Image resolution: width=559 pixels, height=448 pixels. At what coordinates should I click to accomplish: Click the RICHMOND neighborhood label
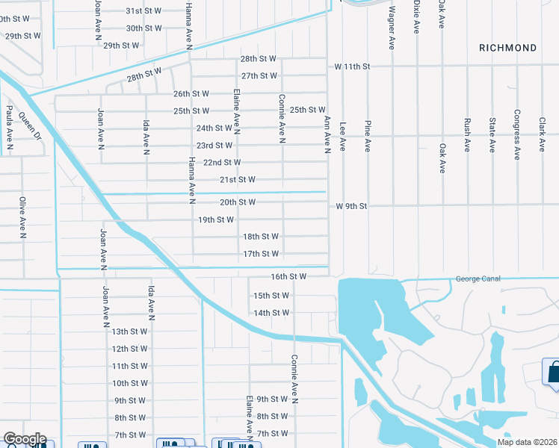[508, 48]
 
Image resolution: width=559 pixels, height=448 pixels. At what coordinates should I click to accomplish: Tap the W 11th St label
[353, 66]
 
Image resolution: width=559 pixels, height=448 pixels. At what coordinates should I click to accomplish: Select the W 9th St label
[354, 205]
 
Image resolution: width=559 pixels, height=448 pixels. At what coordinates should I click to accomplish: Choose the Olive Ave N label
[22, 217]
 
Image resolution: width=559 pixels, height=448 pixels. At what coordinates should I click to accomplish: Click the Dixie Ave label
[416, 18]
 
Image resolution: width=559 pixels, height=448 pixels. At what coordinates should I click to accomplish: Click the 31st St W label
[144, 11]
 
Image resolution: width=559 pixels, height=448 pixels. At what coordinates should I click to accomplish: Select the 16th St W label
[289, 276]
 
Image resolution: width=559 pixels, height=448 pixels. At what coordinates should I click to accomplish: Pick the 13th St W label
[129, 332]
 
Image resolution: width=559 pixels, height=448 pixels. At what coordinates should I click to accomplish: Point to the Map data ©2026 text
[527, 442]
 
